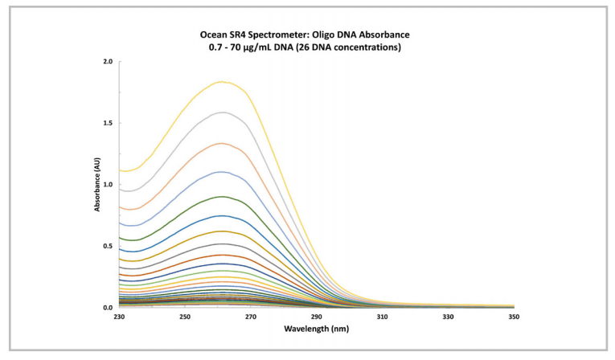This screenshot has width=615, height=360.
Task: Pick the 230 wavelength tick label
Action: coord(119,317)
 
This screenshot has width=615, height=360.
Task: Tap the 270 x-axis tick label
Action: coord(251,317)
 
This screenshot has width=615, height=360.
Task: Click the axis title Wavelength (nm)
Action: coord(316,329)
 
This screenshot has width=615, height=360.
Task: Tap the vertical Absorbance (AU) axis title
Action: coord(96,184)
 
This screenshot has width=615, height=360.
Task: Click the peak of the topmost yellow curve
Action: coord(223,81)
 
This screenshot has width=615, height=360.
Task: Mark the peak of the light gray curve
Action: coord(223,112)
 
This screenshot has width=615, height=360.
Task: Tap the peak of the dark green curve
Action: coord(223,196)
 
